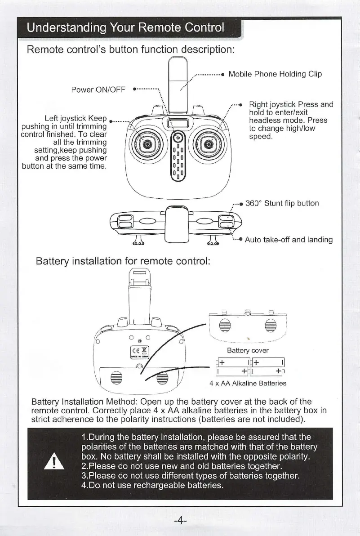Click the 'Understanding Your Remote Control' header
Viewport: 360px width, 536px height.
(x=125, y=28)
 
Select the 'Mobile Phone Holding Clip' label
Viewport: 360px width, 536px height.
(x=275, y=74)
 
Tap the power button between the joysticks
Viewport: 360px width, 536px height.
(x=177, y=138)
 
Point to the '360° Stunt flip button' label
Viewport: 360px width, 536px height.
(x=282, y=203)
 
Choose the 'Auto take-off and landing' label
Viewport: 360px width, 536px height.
(x=289, y=240)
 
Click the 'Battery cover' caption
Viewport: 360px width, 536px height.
(x=247, y=351)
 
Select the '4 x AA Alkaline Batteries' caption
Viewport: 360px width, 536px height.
(x=248, y=384)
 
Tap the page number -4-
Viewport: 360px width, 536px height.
(x=180, y=521)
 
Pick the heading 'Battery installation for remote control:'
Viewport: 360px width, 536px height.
(x=123, y=261)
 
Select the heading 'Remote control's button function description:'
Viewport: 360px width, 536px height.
(x=131, y=48)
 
